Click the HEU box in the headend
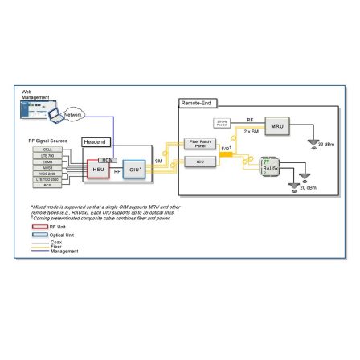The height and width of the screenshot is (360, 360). coord(98,170)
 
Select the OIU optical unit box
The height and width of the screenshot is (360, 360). coord(134,170)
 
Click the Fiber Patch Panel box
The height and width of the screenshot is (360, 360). coord(199,144)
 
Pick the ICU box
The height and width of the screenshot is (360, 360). coord(199,161)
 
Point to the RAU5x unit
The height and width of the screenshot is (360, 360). coord(269,166)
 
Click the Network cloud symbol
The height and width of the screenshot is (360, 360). coord(73,115)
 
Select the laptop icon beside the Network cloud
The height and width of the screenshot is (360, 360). coord(55,116)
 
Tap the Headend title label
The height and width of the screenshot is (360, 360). coord(95,141)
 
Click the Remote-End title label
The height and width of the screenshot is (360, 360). coord(197,103)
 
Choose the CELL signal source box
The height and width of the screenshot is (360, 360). coord(47,149)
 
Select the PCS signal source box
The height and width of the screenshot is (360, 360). coord(47,184)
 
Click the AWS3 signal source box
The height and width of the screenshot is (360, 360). coord(47,166)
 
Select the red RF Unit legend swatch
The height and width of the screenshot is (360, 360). coord(39,227)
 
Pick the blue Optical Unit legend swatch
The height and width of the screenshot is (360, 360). coord(39,234)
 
